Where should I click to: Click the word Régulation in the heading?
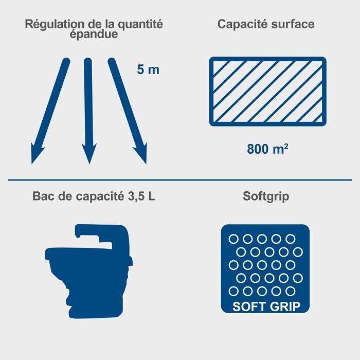tap(49, 24)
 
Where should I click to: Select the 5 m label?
tap(148, 69)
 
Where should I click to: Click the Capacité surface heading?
tap(266, 24)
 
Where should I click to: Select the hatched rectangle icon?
tap(267, 91)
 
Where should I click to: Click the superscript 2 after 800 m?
tap(285, 147)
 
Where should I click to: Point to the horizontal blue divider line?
tap(180, 179)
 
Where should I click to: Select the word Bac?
tap(43, 196)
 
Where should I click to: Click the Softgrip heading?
tap(267, 196)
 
